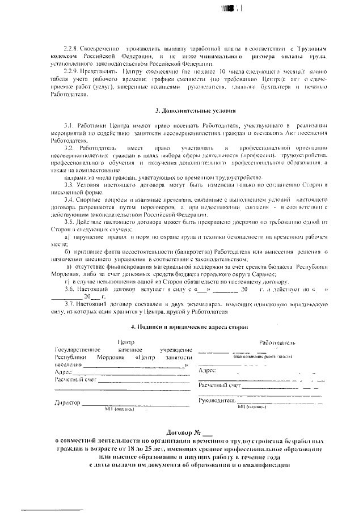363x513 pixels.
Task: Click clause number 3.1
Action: pos(68,124)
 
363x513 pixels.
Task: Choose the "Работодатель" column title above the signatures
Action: pos(276,342)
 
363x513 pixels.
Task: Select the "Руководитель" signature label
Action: pos(216,400)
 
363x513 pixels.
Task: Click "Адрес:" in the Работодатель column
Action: pos(207,370)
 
